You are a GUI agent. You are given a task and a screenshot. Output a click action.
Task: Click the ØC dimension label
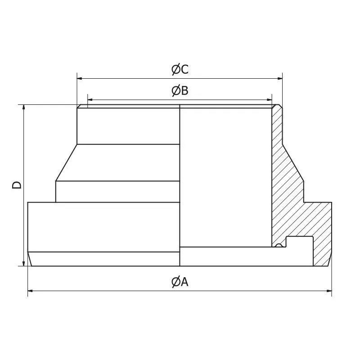[180, 70]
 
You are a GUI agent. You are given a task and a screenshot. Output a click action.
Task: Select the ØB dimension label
[180, 91]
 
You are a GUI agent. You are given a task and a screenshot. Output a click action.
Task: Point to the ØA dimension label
[180, 282]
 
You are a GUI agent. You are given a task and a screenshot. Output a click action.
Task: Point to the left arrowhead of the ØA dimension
[31, 291]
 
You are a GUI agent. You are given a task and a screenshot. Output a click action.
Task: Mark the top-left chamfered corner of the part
[79, 107]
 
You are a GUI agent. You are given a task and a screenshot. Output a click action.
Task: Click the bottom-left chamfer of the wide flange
[30, 259]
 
